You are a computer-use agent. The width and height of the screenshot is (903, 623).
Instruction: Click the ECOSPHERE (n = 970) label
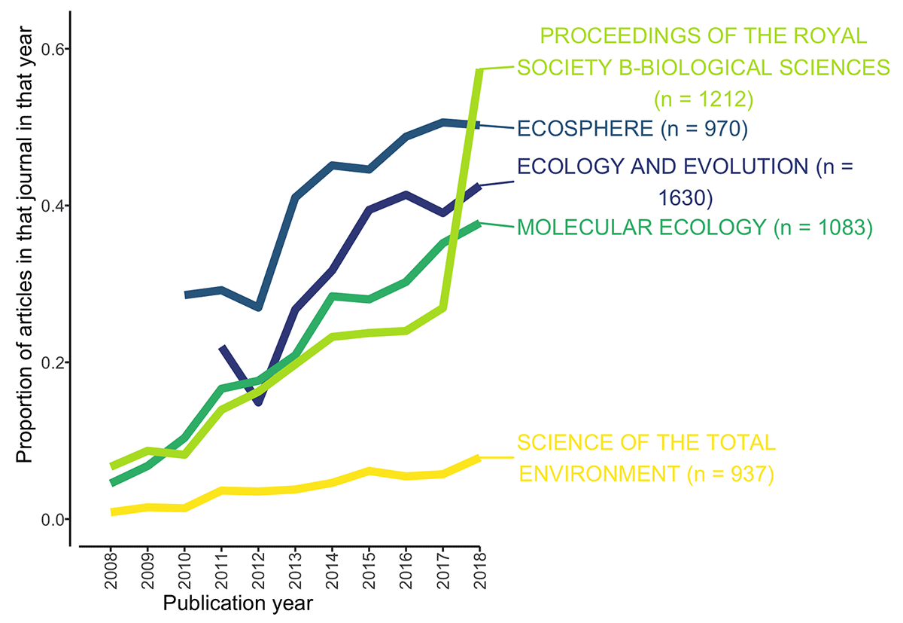(x=631, y=129)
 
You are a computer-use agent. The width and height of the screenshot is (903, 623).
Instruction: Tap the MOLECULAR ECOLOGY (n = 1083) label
(x=694, y=228)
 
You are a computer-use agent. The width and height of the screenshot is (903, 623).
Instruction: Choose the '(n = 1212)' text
(x=702, y=99)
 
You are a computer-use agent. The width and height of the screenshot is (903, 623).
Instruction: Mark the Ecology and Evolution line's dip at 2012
(x=258, y=403)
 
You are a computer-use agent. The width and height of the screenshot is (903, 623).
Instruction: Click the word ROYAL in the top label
(x=825, y=35)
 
